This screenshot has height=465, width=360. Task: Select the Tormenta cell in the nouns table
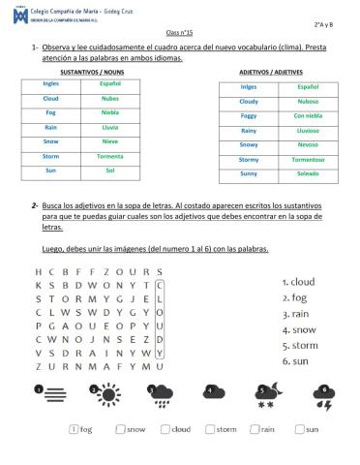pyautogui.click(x=109, y=154)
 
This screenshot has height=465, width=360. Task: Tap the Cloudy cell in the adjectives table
pyautogui.click(x=249, y=101)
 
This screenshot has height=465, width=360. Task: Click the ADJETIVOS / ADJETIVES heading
pyautogui.click(x=279, y=72)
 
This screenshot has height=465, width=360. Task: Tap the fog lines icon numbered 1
pyautogui.click(x=45, y=393)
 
